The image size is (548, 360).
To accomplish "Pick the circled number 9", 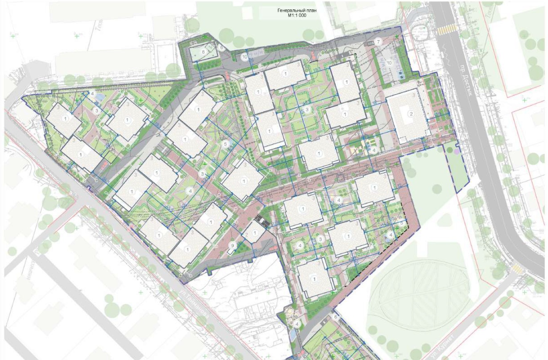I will click(x=233, y=246).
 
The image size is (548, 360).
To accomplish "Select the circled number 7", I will click(x=379, y=41).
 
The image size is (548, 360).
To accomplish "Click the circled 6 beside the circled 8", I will click(x=221, y=47).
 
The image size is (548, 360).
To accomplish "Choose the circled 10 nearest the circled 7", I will click(x=389, y=63).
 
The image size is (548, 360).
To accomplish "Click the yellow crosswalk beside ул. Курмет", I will click(x=517, y=269).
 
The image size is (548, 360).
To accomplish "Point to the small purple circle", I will click(x=457, y=151).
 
